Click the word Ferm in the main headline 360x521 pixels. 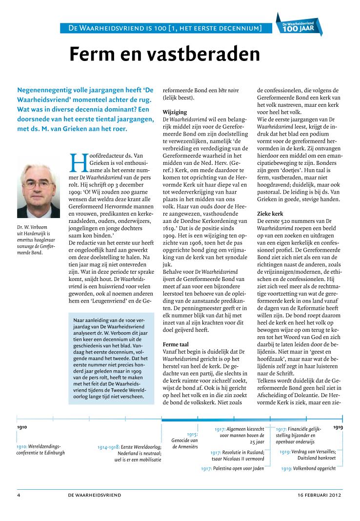pos(97,54)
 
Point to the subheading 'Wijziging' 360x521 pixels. pos(175,112)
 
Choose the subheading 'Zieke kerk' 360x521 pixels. pos(270,214)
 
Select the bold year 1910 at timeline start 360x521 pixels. pos(22,427)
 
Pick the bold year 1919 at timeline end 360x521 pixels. pos(338,427)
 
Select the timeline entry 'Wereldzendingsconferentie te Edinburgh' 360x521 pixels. pos(40,449)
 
